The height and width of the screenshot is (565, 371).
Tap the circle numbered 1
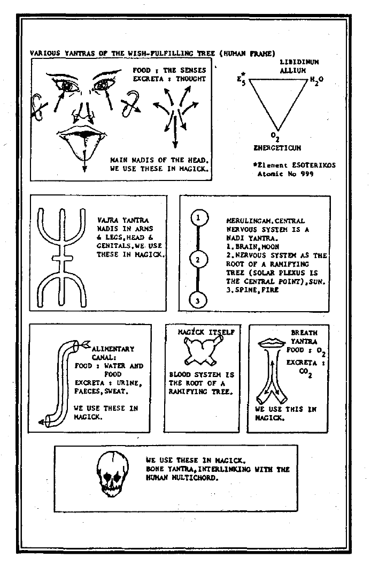tap(198, 219)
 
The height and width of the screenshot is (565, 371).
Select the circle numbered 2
tap(198, 260)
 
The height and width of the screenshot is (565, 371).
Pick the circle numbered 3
tap(198, 300)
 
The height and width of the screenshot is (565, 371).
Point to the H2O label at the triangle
tap(316, 79)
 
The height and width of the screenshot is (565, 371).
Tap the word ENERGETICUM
tap(276, 146)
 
